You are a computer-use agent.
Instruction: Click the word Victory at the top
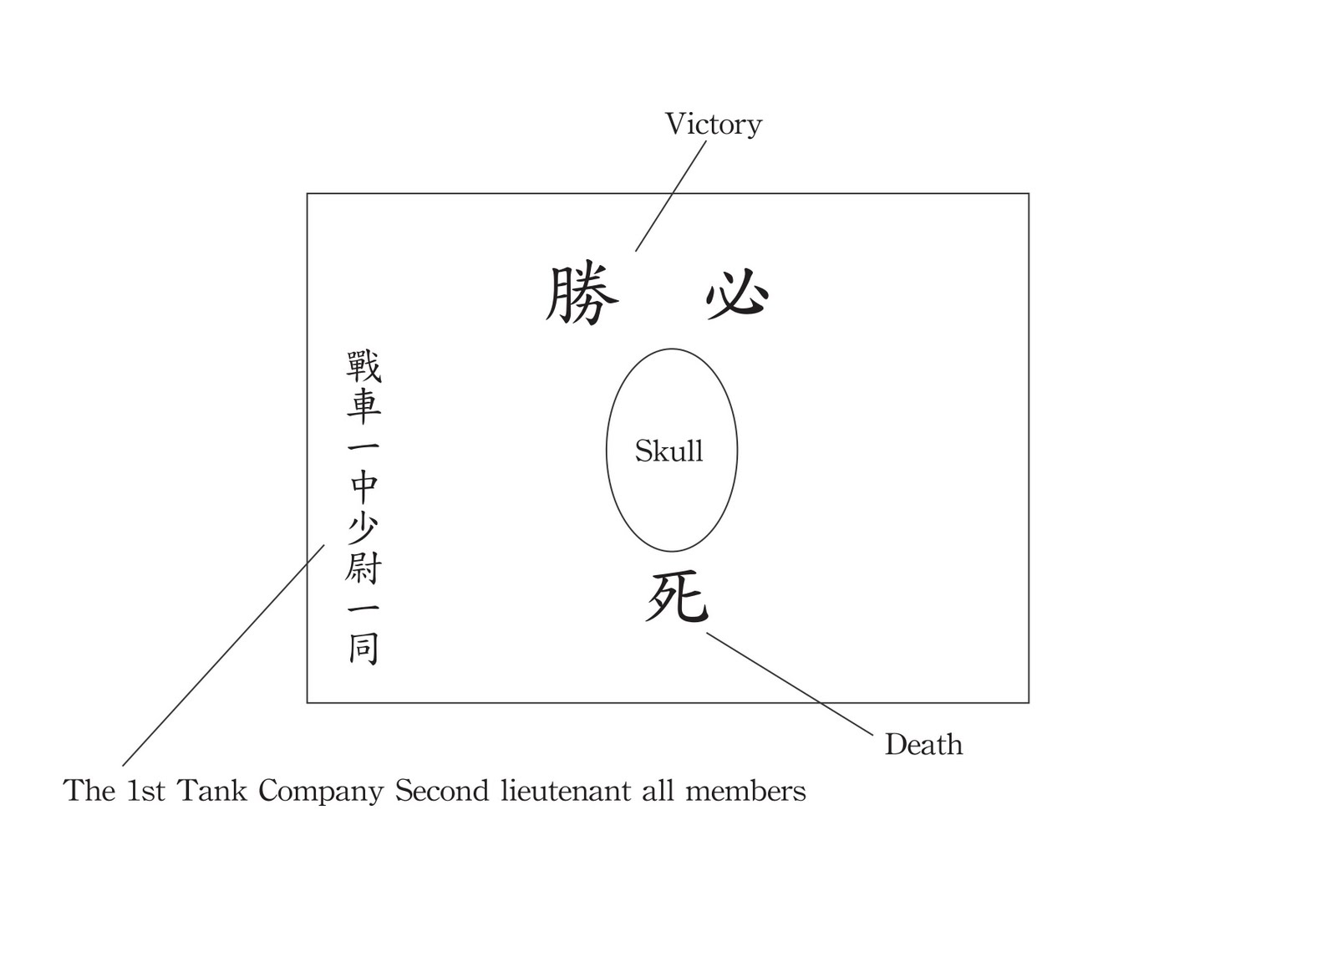pos(713,124)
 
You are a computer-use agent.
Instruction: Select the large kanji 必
pos(737,293)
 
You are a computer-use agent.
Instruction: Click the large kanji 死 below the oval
pos(677,597)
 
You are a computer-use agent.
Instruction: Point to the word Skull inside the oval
pos(668,451)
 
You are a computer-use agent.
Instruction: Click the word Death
pos(923,744)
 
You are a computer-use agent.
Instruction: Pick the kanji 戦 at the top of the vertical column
pos(363,366)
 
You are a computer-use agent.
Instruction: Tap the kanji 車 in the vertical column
pos(363,405)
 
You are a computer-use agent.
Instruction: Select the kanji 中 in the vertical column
pos(363,485)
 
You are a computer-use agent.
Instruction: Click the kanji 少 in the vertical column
pos(363,527)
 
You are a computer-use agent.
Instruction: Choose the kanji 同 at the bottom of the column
pos(363,648)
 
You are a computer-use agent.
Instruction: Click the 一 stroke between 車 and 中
pos(363,446)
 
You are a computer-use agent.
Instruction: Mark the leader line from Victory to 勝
pos(670,196)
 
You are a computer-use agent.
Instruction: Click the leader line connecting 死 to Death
pos(790,684)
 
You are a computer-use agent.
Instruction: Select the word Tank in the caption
pos(212,791)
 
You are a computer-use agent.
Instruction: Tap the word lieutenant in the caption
pos(566,791)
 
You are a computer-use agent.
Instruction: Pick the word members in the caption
pos(745,791)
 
